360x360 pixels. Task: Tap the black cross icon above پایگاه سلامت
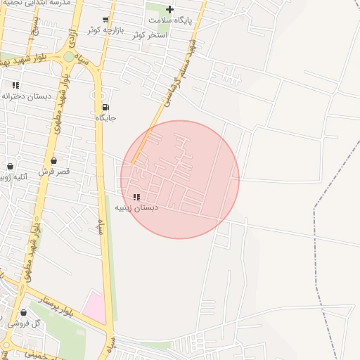pos(169,9)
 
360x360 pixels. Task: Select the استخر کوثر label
pos(148,34)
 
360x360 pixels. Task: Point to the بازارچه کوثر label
pos(105,30)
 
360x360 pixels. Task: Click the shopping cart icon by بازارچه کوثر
pos(105,19)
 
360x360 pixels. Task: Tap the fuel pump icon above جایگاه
pos(105,108)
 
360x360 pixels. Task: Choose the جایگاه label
pos(105,118)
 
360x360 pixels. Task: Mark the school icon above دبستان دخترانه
pos(15,85)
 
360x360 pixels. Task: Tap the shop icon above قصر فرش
pos(53,161)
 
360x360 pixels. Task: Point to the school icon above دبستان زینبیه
pos(136,197)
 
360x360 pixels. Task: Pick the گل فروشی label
pos(24,323)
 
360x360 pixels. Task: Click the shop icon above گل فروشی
pos(24,312)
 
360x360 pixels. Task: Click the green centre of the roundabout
pos(68,56)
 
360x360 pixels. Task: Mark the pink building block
pos(94,308)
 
